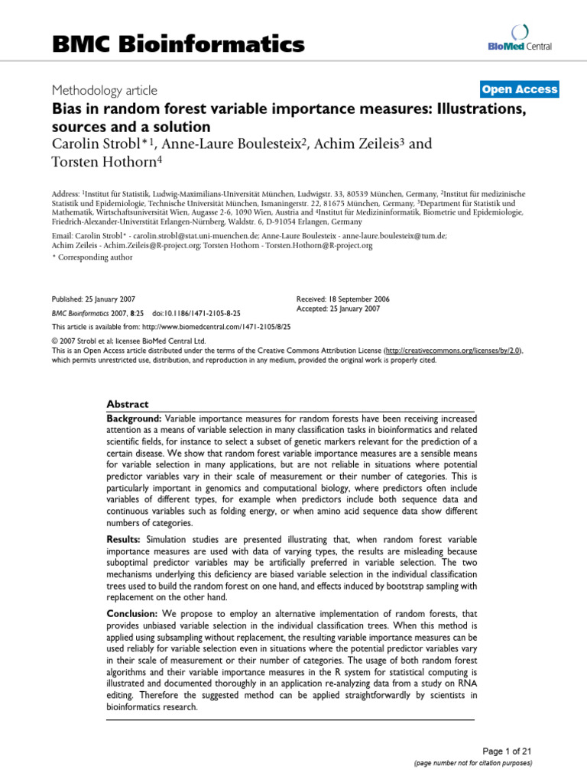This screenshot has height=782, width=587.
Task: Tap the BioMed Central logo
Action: click(521, 37)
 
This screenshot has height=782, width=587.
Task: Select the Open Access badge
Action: click(520, 89)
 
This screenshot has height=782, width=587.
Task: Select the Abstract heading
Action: click(128, 404)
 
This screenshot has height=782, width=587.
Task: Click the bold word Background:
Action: click(134, 418)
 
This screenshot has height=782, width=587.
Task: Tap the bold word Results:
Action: click(125, 539)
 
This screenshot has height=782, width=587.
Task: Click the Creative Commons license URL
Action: click(452, 350)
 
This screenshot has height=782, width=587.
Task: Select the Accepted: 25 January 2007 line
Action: click(336, 309)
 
